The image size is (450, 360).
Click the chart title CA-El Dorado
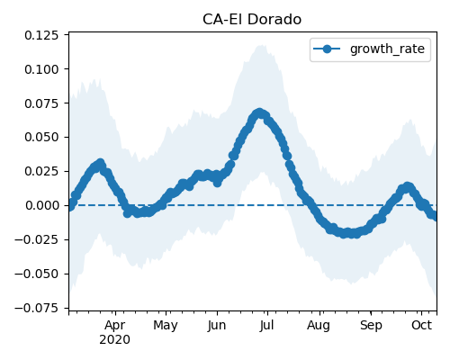tap(252, 20)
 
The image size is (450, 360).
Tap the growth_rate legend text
tap(387, 49)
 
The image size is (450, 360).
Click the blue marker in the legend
tap(327, 49)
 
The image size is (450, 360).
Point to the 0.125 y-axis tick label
tap(41, 35)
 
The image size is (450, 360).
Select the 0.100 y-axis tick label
tap(41, 69)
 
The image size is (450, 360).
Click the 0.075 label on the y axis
tap(41, 103)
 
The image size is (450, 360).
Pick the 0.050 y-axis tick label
tap(41, 137)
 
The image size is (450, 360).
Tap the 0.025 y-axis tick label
tap(41, 171)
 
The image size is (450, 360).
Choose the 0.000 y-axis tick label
tap(41, 205)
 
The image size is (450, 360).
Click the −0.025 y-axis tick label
tap(36, 239)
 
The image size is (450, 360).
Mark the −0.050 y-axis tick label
tap(36, 274)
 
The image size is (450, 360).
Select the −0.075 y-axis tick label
tap(36, 308)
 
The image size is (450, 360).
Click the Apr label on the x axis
tap(115, 326)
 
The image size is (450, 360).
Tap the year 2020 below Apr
tap(115, 340)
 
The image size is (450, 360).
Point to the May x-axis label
tap(166, 326)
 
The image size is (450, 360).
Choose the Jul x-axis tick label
tap(266, 325)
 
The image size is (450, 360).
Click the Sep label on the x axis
tap(371, 326)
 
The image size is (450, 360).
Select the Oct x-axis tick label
tap(421, 325)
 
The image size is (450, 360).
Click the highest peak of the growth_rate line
tap(259, 113)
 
